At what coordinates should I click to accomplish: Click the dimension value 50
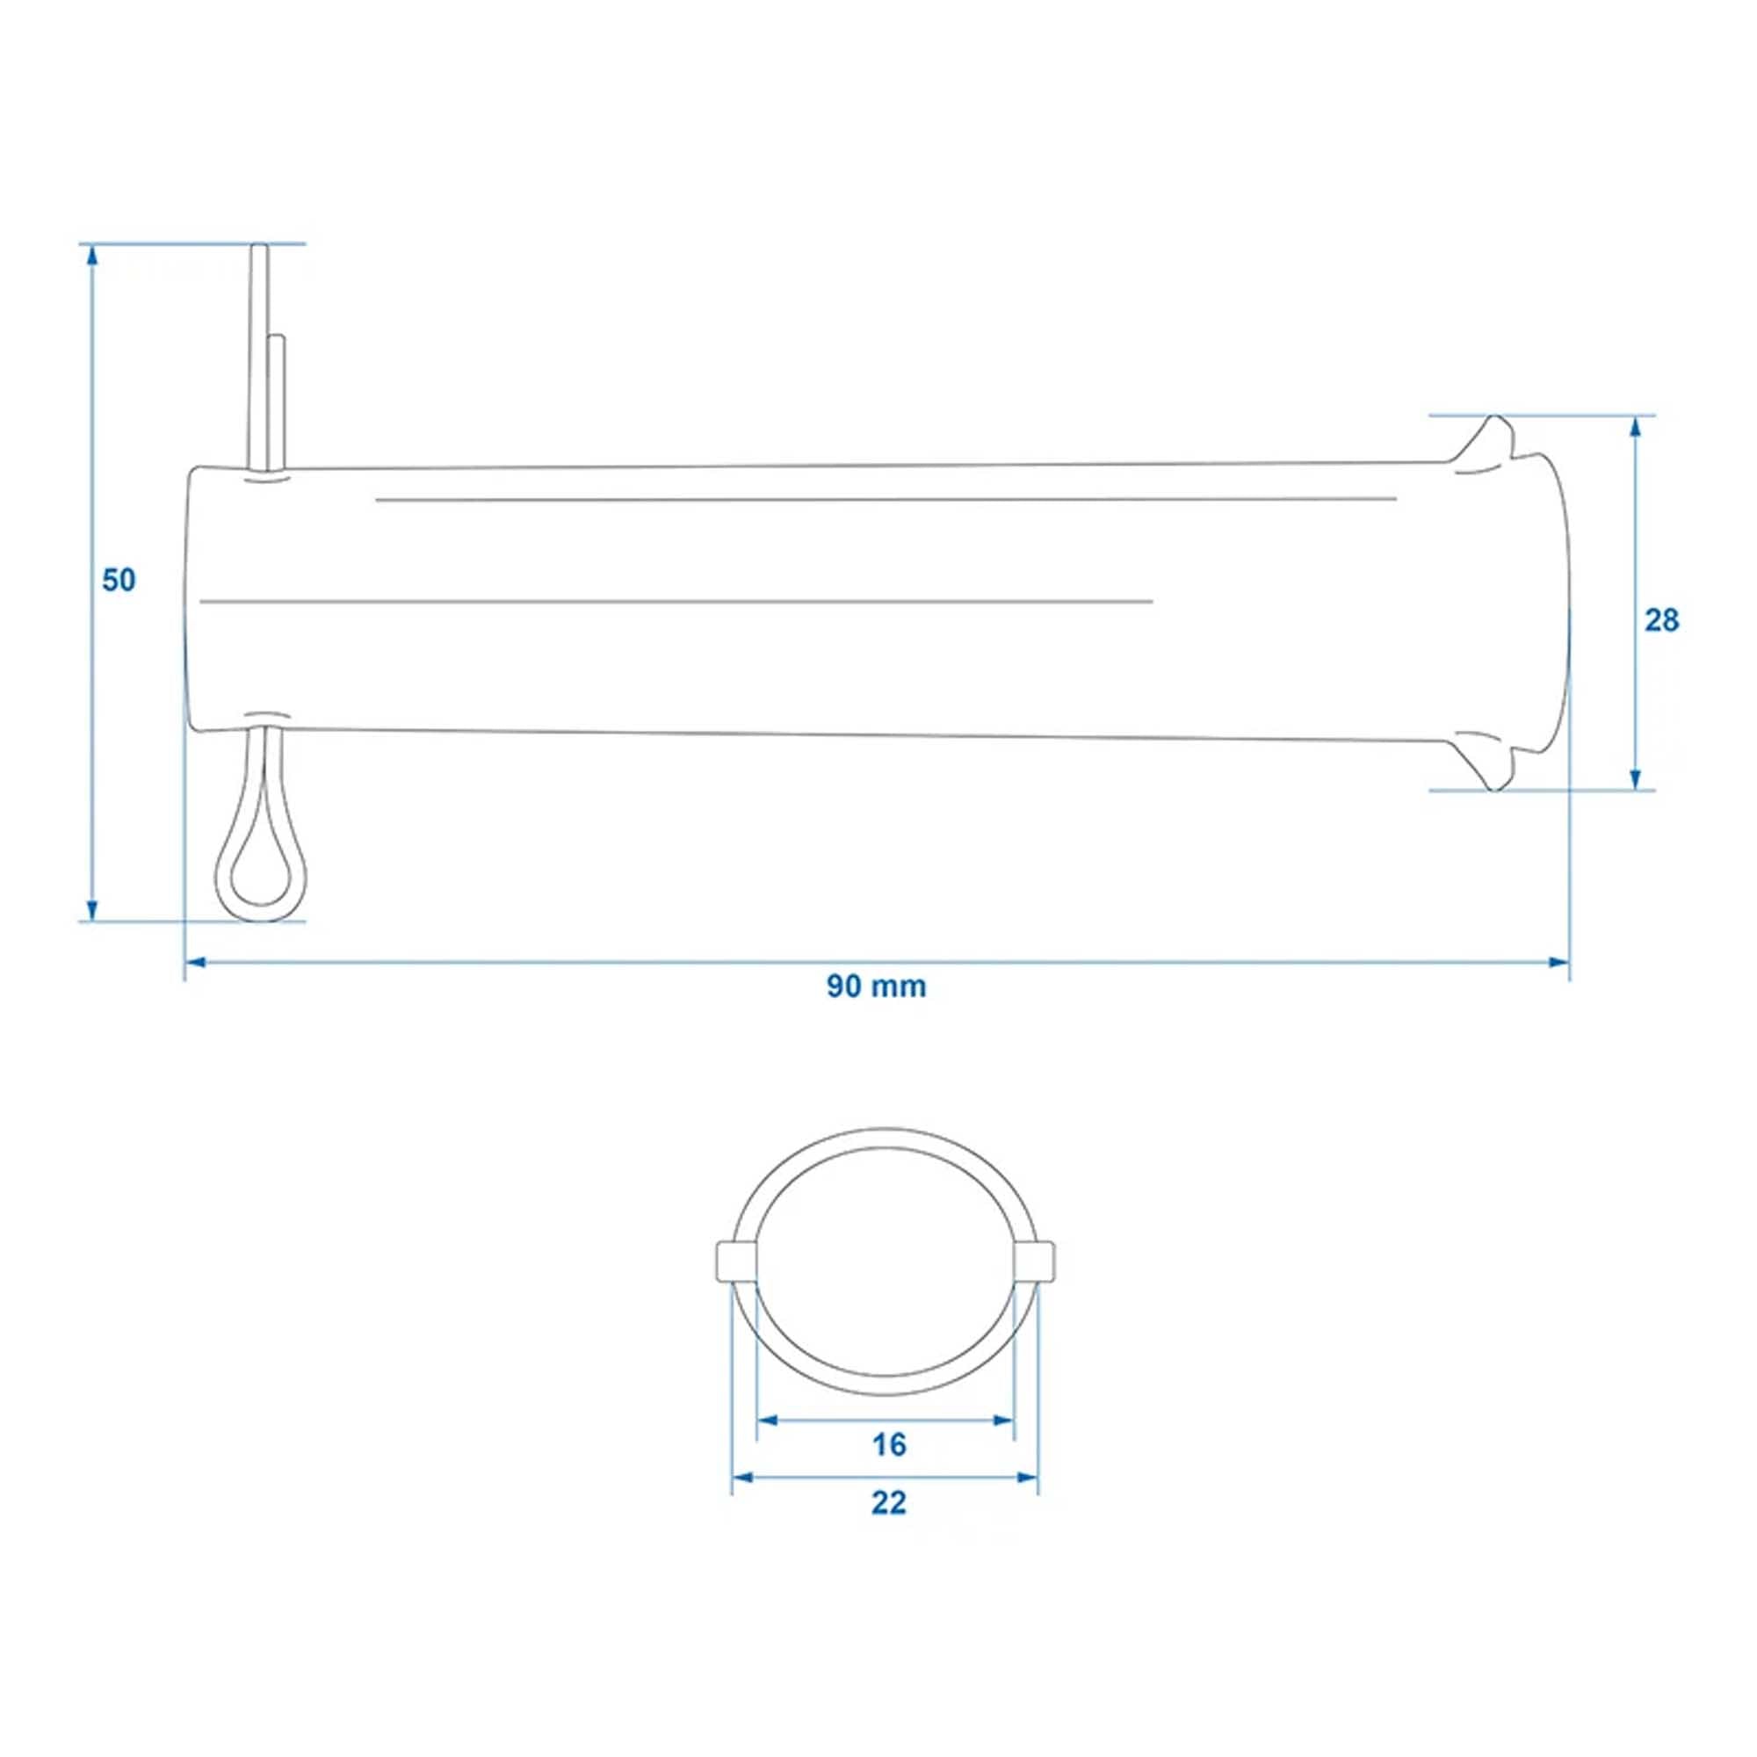(119, 580)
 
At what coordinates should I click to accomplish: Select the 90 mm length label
(876, 987)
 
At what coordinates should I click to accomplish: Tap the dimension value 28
(1661, 620)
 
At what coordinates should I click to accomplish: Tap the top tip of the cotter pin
(259, 250)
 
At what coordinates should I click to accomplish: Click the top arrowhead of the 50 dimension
(91, 256)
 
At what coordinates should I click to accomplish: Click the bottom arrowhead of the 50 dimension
(91, 908)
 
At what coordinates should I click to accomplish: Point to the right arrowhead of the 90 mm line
(1558, 962)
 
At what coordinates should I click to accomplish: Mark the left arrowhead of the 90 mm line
(197, 962)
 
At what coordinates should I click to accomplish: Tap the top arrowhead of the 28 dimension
(1635, 429)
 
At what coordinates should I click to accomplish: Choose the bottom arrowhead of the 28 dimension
(1635, 778)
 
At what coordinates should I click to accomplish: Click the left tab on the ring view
(734, 1261)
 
